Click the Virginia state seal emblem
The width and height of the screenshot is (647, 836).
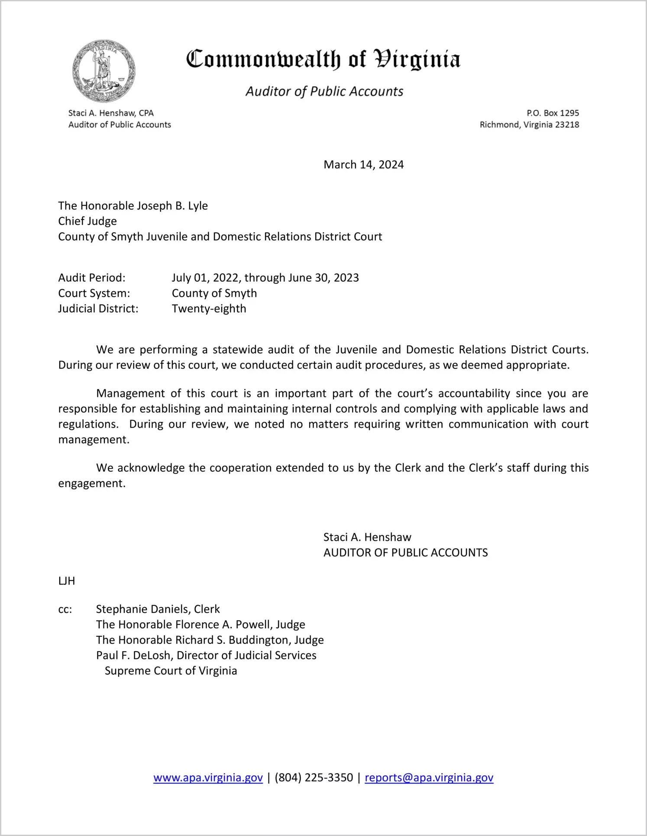pos(104,71)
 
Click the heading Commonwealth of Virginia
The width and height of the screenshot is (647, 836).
pos(323,59)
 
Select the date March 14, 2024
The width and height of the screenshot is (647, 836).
pos(363,165)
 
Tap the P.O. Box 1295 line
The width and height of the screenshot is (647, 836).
pos(553,113)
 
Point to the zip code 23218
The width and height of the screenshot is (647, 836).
pos(567,125)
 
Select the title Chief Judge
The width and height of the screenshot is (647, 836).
pos(87,221)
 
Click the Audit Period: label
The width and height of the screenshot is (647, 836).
pos(92,278)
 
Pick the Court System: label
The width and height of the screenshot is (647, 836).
pos(94,293)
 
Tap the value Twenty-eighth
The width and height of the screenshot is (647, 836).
pos(209,309)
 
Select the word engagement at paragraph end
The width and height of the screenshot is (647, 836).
pos(91,483)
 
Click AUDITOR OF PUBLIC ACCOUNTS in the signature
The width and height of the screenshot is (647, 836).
pos(405,552)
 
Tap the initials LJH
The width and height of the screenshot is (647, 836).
pos(67,581)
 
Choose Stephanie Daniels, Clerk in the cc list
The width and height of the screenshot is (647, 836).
pos(158,609)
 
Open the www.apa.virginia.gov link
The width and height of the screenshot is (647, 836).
pos(208,778)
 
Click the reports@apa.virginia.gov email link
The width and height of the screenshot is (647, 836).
pos(429,778)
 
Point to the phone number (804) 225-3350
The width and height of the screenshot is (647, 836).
pos(314,778)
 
